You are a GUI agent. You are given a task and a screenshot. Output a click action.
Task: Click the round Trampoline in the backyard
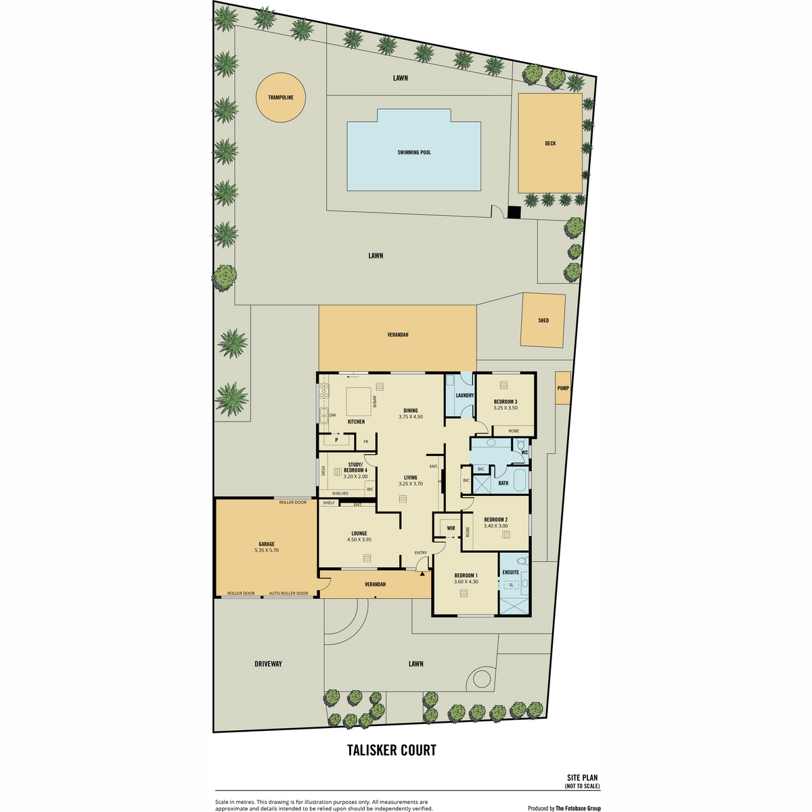pos(281,97)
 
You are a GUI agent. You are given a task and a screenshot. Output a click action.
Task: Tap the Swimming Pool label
pos(414,152)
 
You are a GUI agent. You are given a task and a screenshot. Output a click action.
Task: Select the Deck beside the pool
pos(550,143)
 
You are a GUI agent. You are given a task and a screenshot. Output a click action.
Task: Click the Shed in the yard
pos(543,320)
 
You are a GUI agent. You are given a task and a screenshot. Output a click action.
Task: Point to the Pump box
pos(562,388)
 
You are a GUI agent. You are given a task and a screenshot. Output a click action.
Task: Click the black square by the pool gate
pos(514,212)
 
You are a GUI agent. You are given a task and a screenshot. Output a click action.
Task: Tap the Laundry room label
pos(465,395)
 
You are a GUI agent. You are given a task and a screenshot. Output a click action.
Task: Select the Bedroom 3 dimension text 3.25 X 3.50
pos(505,408)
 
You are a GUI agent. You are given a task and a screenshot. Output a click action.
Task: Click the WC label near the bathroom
pos(524,453)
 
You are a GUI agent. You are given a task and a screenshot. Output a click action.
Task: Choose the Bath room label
pos(503,483)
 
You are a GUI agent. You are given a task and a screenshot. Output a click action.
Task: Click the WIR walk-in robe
pos(451,528)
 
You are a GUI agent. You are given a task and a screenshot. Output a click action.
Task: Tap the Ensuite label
pos(511,572)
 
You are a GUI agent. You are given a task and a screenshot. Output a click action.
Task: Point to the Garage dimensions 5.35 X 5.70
pos(267,550)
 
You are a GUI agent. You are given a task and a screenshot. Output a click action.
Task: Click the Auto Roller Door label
pos(289,593)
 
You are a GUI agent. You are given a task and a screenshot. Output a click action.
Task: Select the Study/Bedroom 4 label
pos(355,468)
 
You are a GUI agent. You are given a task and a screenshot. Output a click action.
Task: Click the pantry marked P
pos(336,440)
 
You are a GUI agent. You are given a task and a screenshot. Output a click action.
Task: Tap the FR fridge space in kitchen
pos(366,442)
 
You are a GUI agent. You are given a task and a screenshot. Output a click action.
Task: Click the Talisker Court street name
pos(392,750)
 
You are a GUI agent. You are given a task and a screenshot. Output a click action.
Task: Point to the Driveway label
pos(268,664)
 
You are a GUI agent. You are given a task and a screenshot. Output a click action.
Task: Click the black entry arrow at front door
pos(422,573)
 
